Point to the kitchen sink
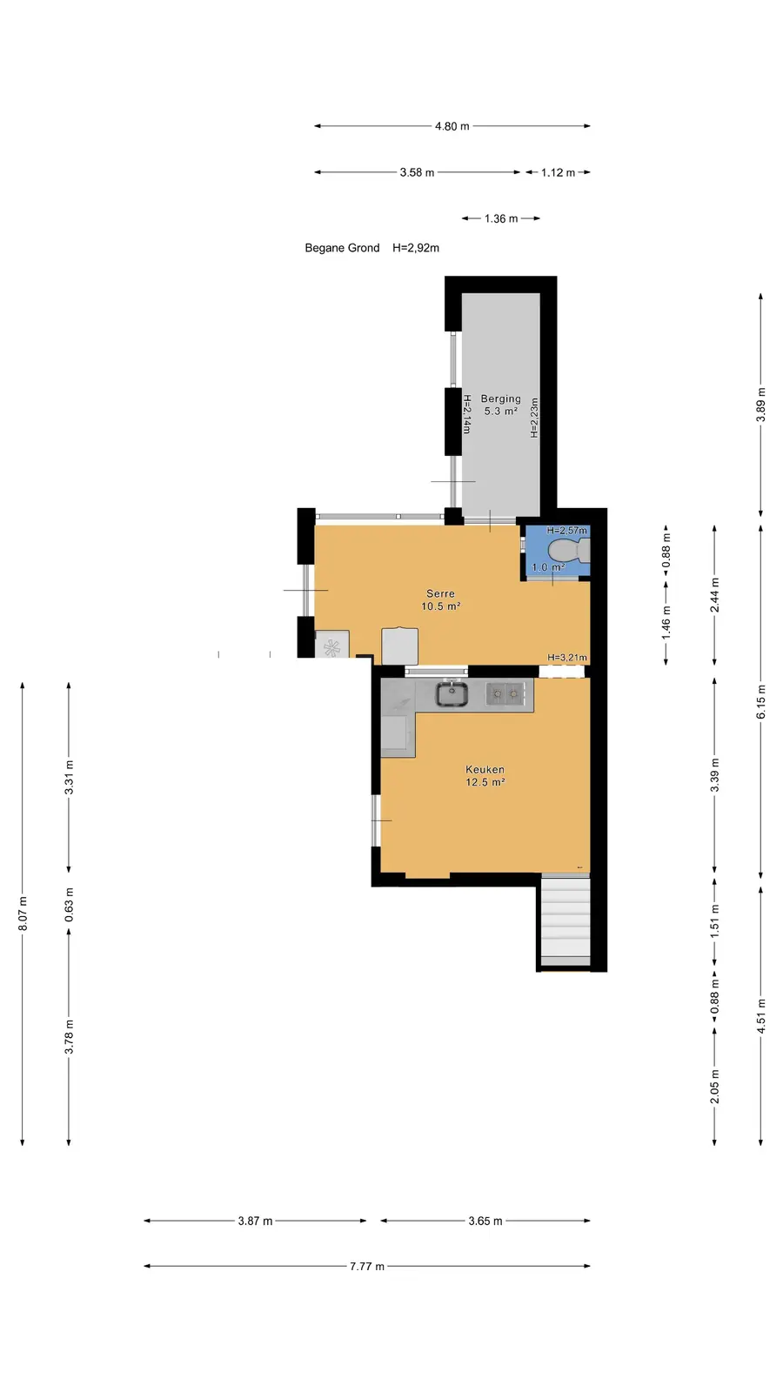(x=452, y=694)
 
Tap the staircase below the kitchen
(x=565, y=921)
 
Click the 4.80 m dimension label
(x=452, y=126)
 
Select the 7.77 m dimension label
(x=366, y=1266)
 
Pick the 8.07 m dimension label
(x=23, y=913)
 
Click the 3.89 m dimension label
(x=760, y=405)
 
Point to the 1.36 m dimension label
(x=501, y=218)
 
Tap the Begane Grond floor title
(x=342, y=248)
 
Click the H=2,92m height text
(x=416, y=248)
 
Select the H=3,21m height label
(x=566, y=658)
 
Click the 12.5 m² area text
(x=485, y=782)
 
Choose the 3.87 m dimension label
(x=255, y=1221)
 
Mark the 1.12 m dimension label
(x=558, y=173)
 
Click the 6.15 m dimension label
(x=760, y=702)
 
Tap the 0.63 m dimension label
(x=69, y=905)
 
